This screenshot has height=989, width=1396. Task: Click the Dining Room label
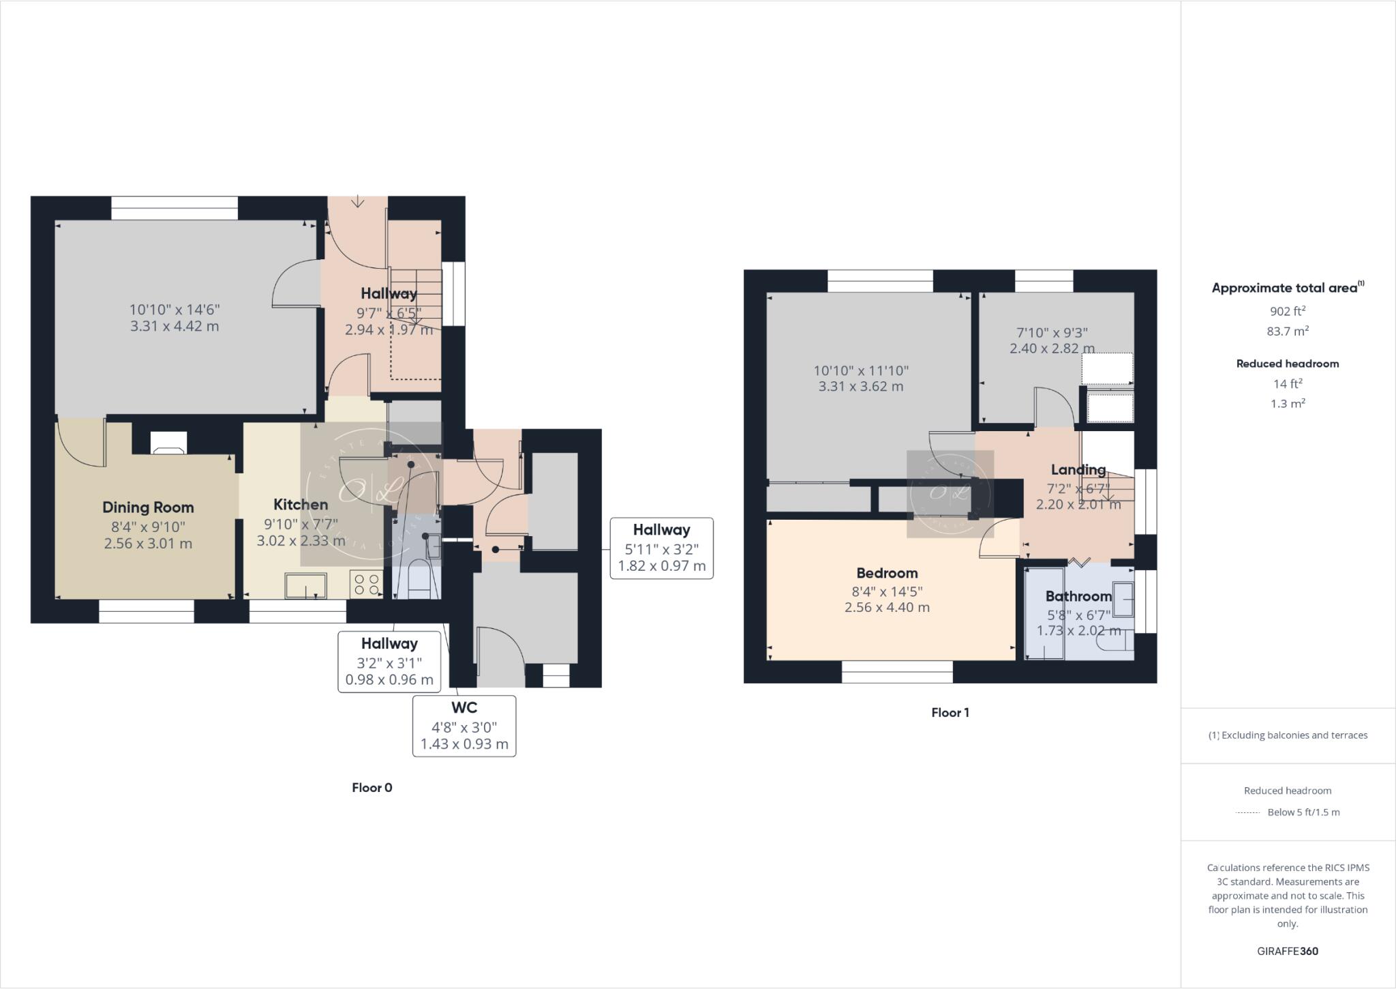[x=148, y=507]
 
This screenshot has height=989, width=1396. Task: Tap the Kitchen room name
[x=301, y=505]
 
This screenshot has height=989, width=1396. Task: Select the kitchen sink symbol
[x=305, y=586]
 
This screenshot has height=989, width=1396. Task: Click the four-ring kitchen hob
[x=367, y=585]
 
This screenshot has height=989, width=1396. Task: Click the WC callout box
[x=464, y=726]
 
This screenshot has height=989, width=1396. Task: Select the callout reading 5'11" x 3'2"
[x=661, y=548]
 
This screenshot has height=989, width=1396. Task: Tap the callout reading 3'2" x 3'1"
[x=389, y=662]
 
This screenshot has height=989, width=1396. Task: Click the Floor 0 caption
[x=371, y=787]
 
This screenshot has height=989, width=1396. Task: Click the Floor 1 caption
[x=950, y=712]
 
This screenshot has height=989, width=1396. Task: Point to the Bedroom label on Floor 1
[x=887, y=573]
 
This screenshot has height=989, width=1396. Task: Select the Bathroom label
[x=1078, y=596]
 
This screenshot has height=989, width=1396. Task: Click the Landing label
[x=1078, y=469]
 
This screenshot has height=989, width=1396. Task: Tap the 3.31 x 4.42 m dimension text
[x=174, y=326]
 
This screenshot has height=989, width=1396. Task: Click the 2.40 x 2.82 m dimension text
[x=1052, y=349]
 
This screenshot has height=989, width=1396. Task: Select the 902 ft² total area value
[x=1287, y=311]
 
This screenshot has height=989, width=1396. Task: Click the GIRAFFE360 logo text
[x=1287, y=951]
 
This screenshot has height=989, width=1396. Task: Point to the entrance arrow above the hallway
[x=358, y=202]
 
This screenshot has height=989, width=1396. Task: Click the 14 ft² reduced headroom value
[x=1287, y=383]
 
